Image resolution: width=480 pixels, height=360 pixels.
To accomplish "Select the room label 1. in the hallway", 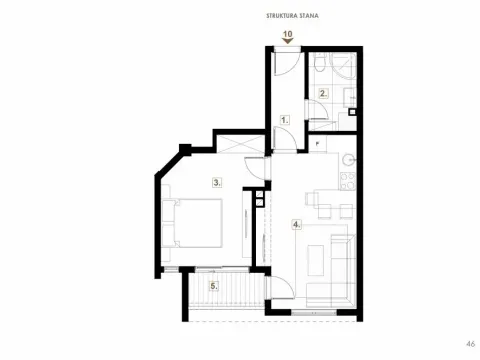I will click(285, 119).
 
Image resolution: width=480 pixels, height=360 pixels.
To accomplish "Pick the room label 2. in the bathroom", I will click(323, 94).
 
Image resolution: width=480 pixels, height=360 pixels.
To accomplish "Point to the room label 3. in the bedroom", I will click(216, 182).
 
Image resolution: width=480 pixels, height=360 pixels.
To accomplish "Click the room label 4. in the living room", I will click(296, 224).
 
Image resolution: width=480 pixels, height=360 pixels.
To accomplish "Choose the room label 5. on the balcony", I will click(213, 286).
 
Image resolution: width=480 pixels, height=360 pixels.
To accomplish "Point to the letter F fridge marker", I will click(316, 143).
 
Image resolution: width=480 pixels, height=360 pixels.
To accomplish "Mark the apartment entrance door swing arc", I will click(285, 62).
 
